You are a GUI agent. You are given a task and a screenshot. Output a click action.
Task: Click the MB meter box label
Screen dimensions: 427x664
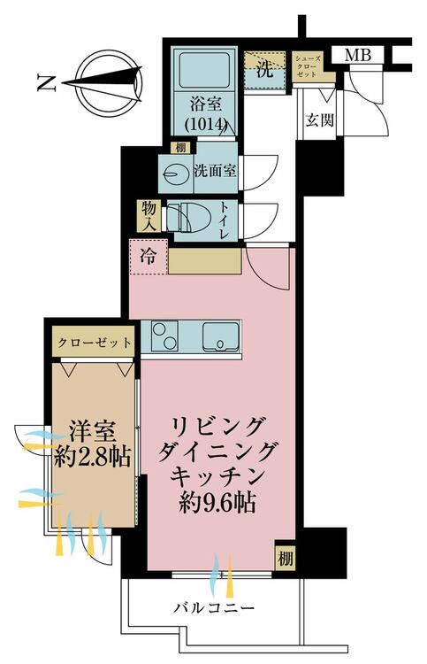(358, 55)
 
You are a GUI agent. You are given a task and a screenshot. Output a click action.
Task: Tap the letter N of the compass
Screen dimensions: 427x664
(47, 83)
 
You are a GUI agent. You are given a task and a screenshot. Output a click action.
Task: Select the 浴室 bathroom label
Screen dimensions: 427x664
(206, 104)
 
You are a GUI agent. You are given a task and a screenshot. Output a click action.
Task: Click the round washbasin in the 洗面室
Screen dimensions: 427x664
(174, 173)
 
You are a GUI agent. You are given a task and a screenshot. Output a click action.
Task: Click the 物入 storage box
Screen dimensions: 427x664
(149, 216)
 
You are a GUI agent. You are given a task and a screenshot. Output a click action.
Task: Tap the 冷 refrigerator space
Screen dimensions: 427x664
(149, 256)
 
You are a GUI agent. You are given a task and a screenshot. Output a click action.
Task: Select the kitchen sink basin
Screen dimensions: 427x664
(221, 336)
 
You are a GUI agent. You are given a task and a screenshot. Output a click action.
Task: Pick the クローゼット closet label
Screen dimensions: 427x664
(94, 342)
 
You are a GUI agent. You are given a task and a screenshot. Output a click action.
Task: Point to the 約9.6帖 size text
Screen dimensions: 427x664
(217, 503)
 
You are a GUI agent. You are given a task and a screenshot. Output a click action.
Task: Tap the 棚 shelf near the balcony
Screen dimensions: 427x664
(285, 560)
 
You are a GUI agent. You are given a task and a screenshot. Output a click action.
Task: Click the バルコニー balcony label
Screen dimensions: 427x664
(214, 608)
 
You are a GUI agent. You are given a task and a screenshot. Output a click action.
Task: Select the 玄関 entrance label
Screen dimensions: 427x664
(320, 120)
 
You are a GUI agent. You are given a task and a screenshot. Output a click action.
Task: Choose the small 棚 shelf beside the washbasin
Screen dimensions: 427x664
(180, 148)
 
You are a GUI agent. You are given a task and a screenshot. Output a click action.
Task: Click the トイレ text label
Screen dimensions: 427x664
(224, 220)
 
